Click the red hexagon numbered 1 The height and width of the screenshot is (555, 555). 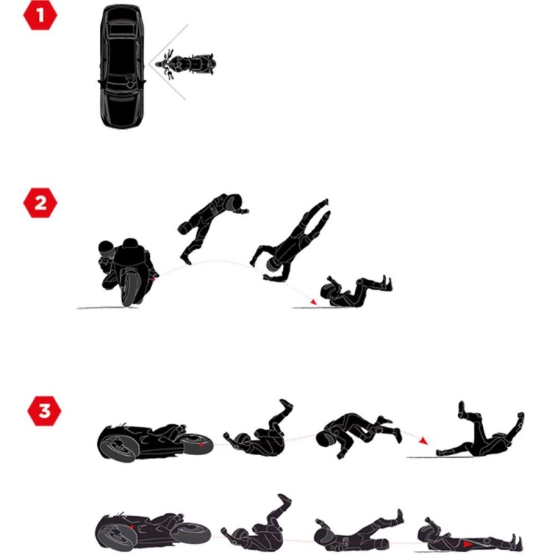point(40,15)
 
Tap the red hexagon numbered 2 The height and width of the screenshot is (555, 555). point(40,203)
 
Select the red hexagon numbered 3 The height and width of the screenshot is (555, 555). point(44,411)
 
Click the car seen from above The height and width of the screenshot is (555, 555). point(122,67)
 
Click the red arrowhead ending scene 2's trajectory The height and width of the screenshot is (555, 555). point(313,302)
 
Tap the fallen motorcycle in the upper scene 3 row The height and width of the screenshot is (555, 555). point(155,442)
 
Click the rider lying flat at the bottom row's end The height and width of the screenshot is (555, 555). point(469,536)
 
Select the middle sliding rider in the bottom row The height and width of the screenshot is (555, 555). point(358,531)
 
